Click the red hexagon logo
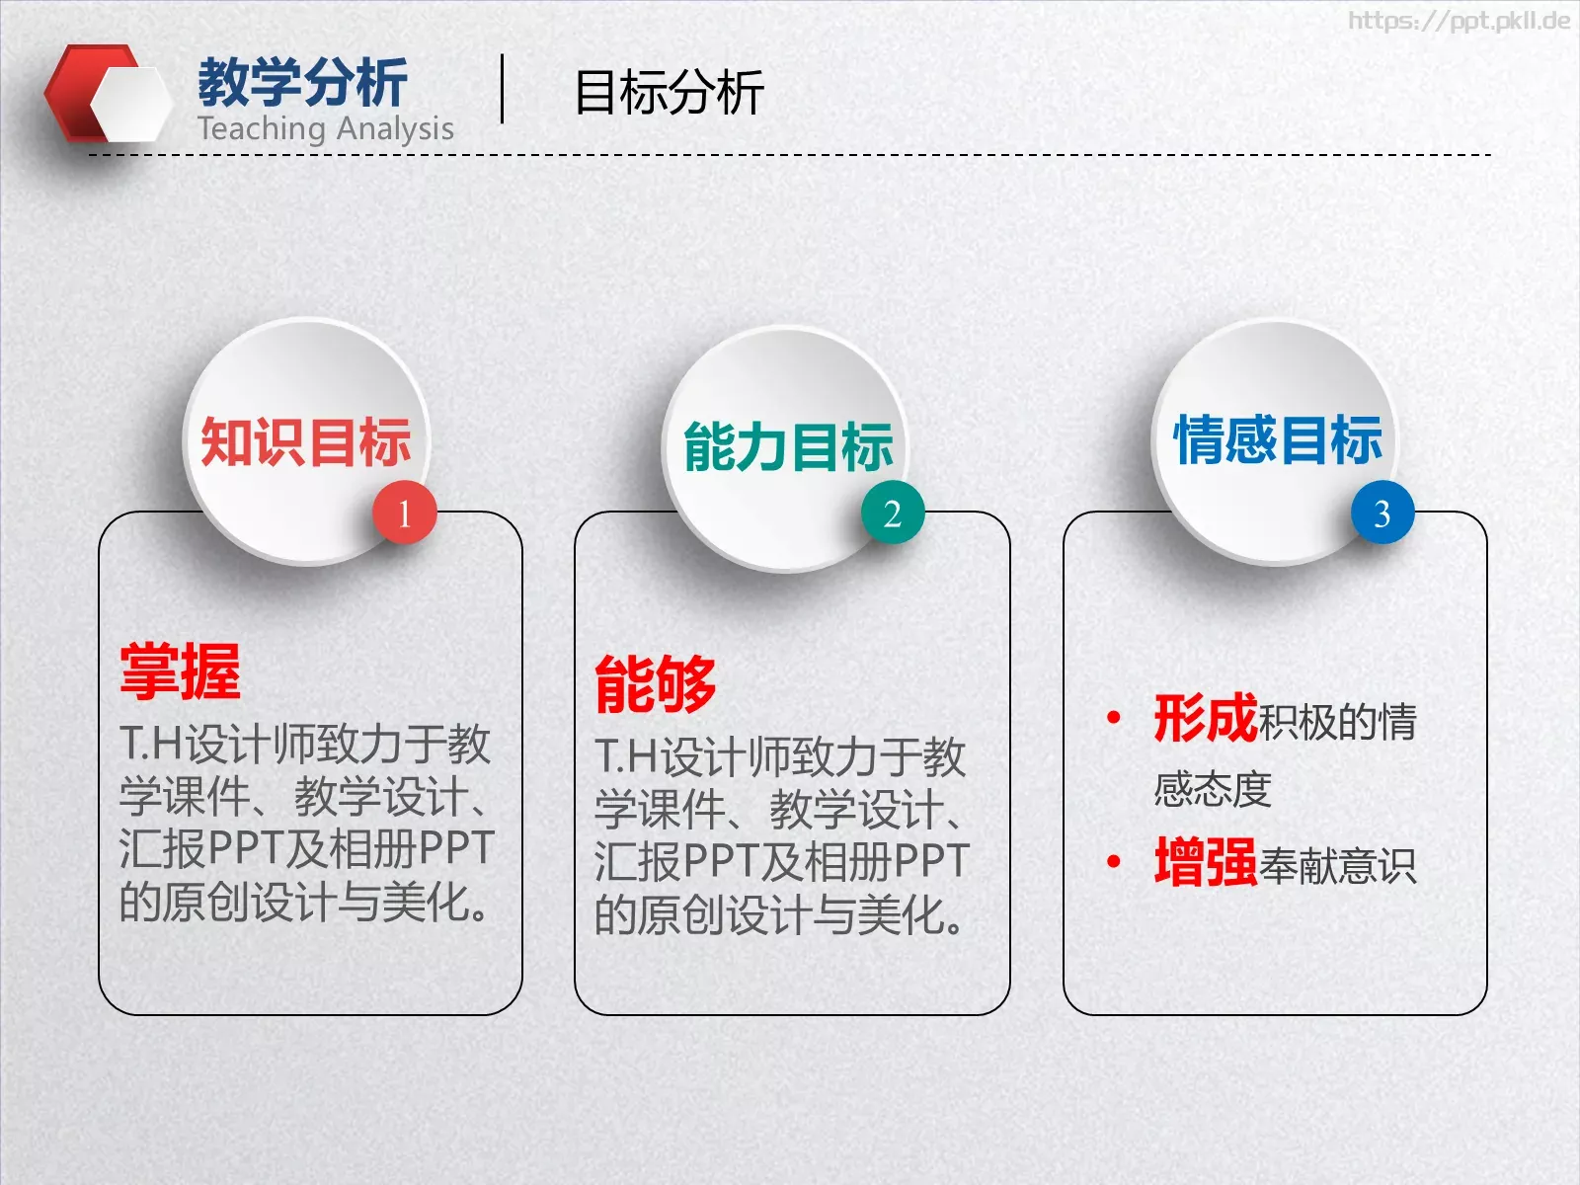click(x=104, y=94)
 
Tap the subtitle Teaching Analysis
click(x=325, y=128)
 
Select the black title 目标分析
click(x=669, y=93)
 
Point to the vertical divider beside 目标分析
click(x=503, y=89)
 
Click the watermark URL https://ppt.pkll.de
click(x=1459, y=21)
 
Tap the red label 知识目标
click(x=305, y=441)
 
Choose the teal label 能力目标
click(x=788, y=446)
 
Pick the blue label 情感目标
click(x=1278, y=439)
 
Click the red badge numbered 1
click(x=404, y=513)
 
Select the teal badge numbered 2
click(x=893, y=513)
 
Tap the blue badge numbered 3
click(x=1382, y=513)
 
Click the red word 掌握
click(x=180, y=671)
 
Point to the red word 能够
click(x=655, y=683)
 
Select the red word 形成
click(x=1205, y=718)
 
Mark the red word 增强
click(x=1205, y=862)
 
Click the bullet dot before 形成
click(x=1114, y=718)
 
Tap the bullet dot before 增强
click(x=1114, y=862)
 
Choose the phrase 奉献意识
click(x=1337, y=866)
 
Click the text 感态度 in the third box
click(x=1213, y=790)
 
